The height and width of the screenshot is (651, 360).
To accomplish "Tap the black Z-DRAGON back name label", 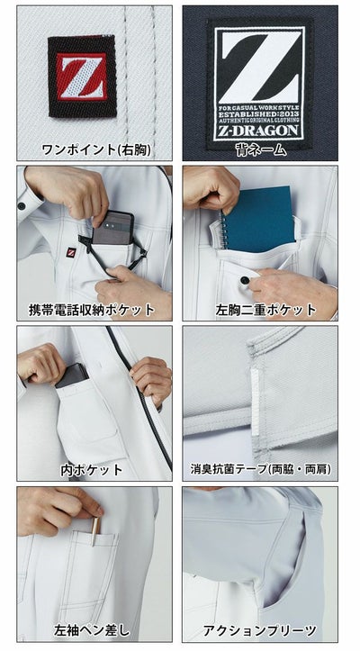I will (260, 81).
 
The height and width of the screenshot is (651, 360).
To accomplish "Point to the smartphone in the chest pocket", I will (112, 229).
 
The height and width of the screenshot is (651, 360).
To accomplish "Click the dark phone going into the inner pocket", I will (73, 374).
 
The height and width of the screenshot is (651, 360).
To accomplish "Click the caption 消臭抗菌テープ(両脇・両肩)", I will (260, 470).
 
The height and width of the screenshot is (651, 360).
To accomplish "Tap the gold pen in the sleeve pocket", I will (94, 530).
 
